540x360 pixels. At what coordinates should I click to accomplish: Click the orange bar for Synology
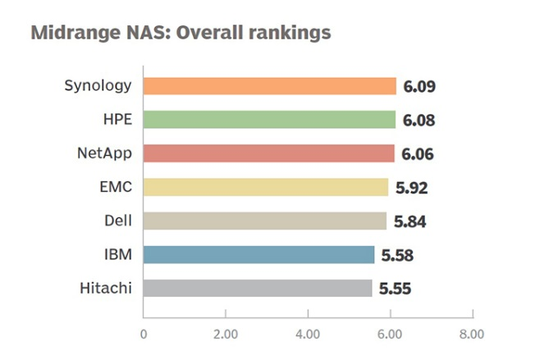tap(269, 86)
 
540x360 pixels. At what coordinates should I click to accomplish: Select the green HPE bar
tap(269, 120)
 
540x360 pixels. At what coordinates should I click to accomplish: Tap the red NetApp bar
tap(268, 153)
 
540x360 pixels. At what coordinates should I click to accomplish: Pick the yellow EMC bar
tap(265, 187)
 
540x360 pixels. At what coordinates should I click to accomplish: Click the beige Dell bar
tap(264, 221)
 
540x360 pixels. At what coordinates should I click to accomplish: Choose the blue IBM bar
tap(259, 254)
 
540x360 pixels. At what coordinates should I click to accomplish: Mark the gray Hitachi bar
tap(258, 288)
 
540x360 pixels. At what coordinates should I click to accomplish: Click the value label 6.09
tap(419, 87)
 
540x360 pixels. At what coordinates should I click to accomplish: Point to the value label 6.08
tap(419, 121)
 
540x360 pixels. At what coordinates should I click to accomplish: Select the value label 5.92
tap(411, 188)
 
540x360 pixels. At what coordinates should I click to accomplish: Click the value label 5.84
tap(410, 221)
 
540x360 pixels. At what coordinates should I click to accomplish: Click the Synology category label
tap(98, 86)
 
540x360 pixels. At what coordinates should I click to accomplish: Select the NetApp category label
tap(104, 153)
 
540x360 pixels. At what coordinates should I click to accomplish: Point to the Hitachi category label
tap(107, 288)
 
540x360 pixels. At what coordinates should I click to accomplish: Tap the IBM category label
tap(121, 254)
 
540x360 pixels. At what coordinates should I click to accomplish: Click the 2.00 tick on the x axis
tap(225, 334)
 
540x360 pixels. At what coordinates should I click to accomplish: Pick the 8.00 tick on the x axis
tap(472, 334)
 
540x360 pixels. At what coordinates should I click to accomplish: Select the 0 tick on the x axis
tap(144, 334)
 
